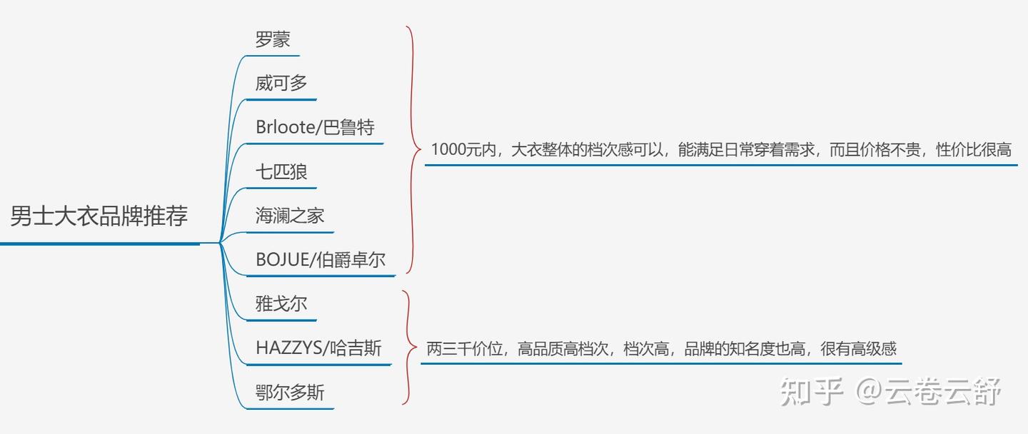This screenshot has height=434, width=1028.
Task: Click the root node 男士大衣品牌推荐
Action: click(x=99, y=216)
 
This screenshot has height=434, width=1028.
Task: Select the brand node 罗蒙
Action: click(x=273, y=39)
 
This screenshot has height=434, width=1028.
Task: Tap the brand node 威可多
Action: click(x=281, y=83)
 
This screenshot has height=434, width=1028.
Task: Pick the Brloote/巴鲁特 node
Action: click(x=315, y=127)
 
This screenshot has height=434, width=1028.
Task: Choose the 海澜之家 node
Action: click(x=290, y=216)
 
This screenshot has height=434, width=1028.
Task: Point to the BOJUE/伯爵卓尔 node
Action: click(x=321, y=260)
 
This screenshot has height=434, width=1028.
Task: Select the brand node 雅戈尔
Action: click(x=281, y=304)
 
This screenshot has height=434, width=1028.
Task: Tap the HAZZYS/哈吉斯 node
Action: click(x=318, y=348)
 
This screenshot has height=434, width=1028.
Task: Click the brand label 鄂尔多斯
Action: click(x=290, y=393)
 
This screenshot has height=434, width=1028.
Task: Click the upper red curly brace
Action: click(x=413, y=150)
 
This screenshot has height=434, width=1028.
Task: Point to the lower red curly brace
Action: click(x=409, y=348)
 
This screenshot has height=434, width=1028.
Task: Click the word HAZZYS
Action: click(x=288, y=348)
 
